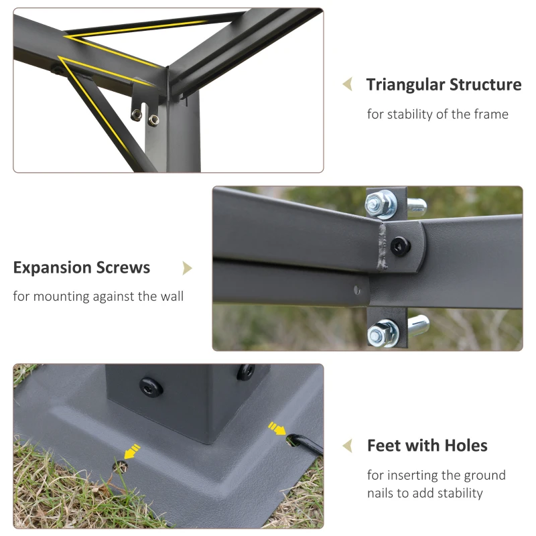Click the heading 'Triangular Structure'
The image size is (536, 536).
[444, 85]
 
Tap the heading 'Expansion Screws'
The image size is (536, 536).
[82, 268]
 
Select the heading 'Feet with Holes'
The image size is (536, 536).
[427, 446]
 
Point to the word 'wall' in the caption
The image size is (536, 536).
[170, 296]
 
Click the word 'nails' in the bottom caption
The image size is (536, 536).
[383, 493]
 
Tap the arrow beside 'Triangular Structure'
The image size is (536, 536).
[347, 84]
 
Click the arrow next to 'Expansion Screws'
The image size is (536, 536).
[188, 268]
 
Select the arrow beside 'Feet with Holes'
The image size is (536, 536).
[347, 446]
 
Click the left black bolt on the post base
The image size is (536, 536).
[148, 386]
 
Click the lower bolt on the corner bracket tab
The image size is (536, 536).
[153, 120]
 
